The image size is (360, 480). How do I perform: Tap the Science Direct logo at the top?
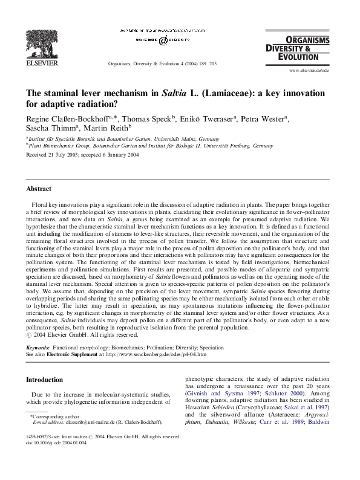pyautogui.click(x=162, y=40)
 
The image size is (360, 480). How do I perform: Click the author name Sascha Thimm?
pyautogui.click(x=45, y=128)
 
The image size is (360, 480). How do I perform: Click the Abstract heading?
pyautogui.click(x=38, y=189)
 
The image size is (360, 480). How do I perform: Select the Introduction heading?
pyautogui.click(x=45, y=380)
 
